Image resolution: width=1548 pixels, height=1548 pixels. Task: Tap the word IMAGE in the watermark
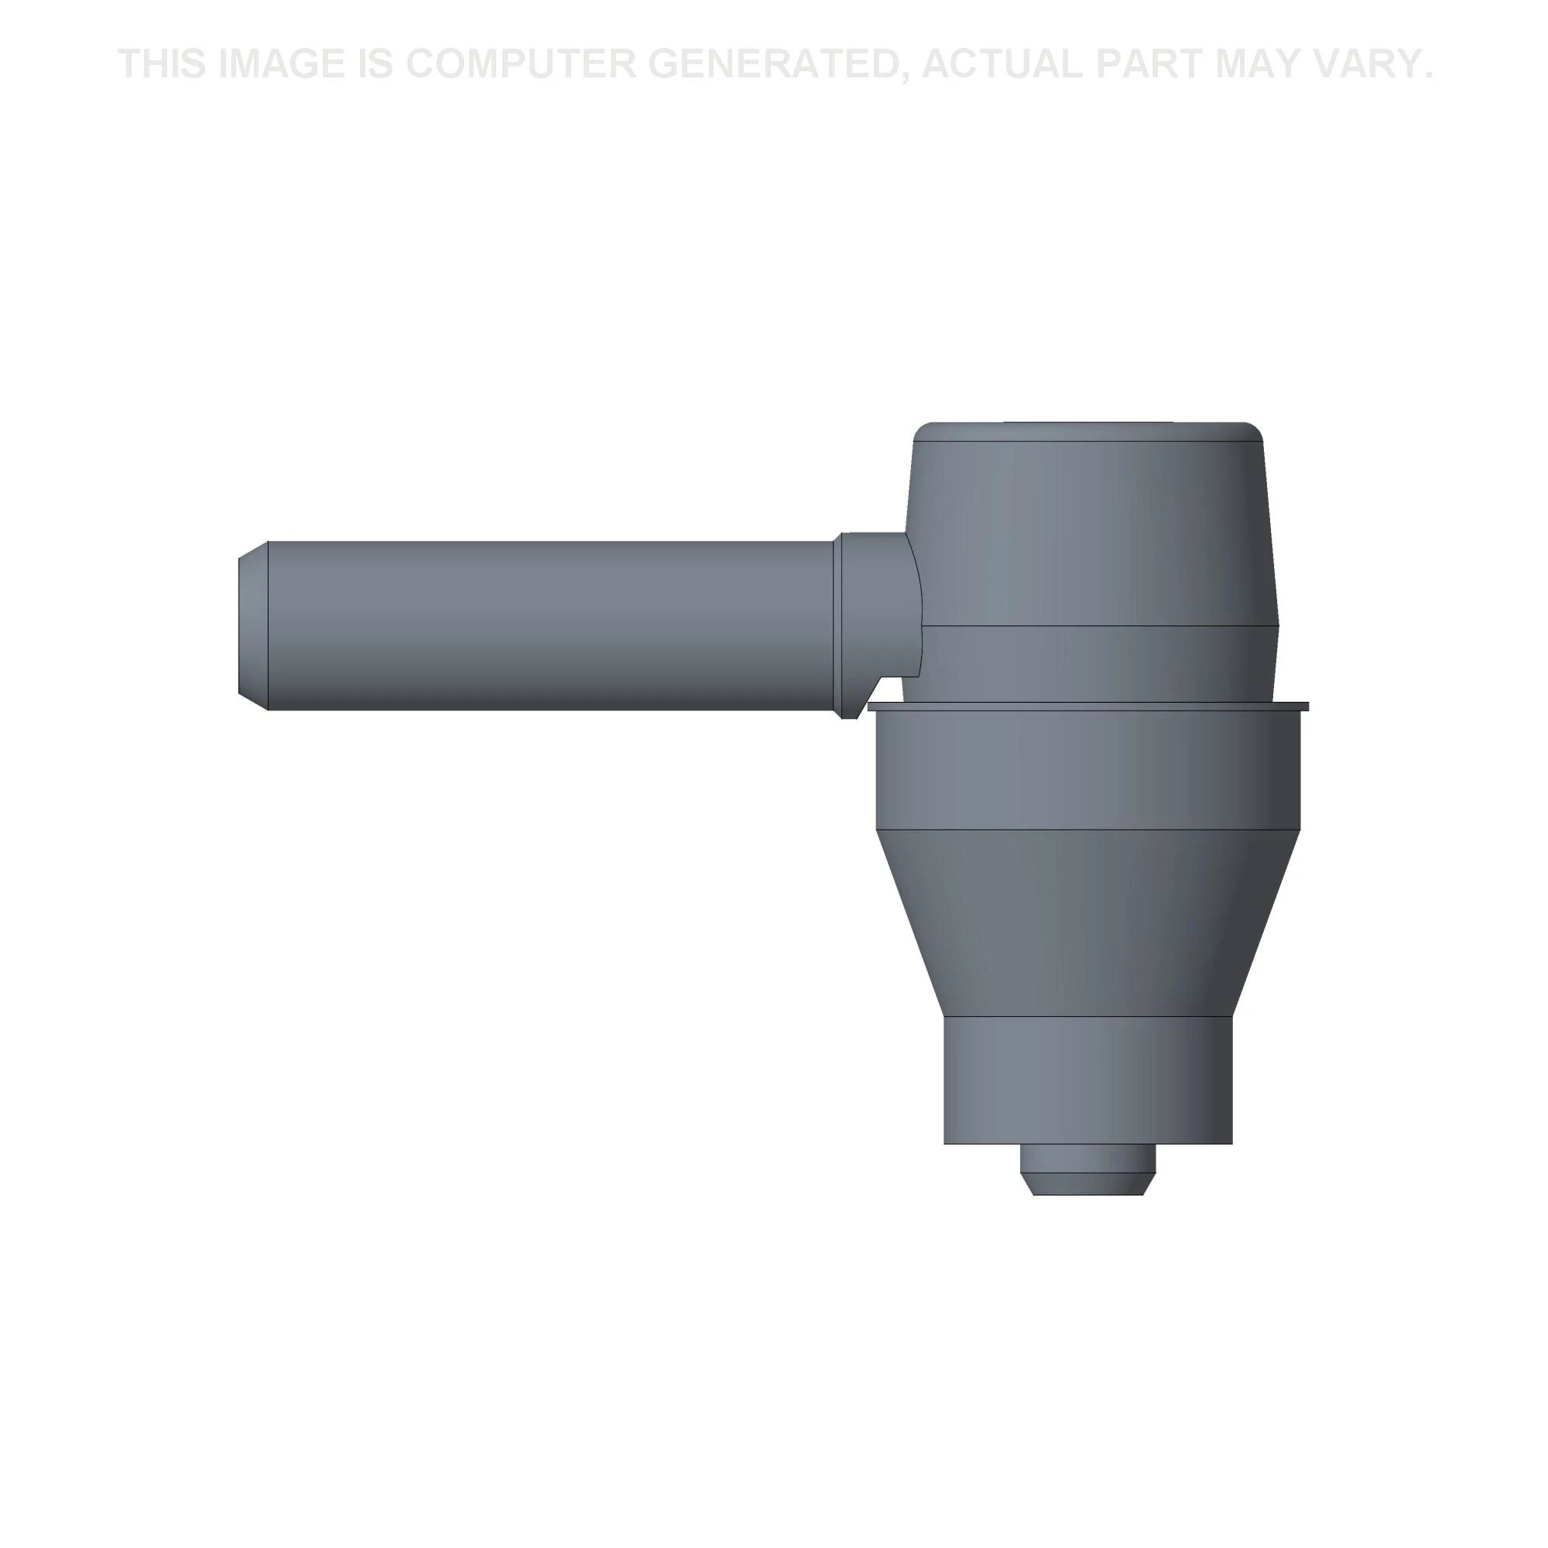pyautogui.click(x=280, y=64)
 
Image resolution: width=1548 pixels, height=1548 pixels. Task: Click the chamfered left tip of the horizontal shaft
pyautogui.click(x=253, y=625)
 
